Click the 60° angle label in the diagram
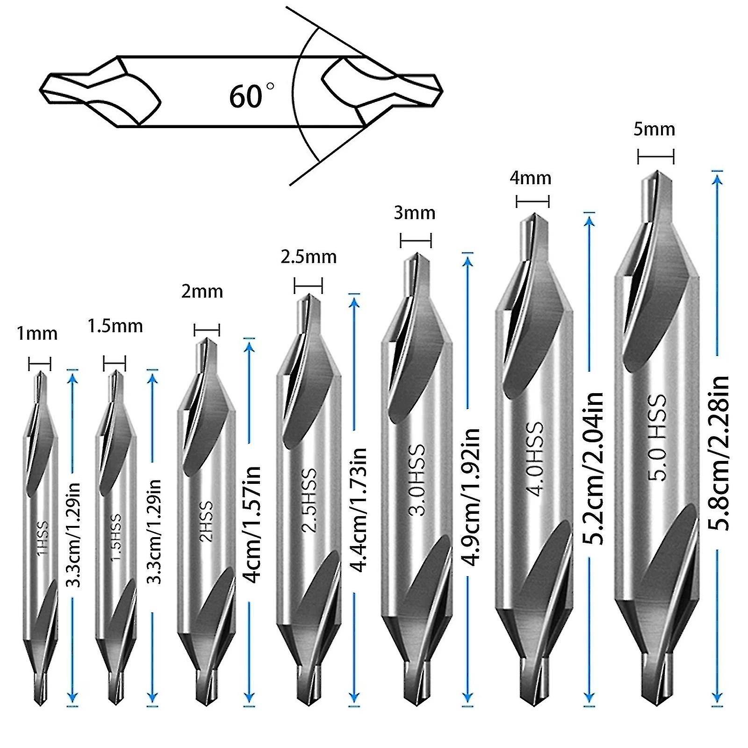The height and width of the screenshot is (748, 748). tap(252, 95)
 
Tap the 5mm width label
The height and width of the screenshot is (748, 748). tap(654, 129)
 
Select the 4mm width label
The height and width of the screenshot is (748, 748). tap(531, 178)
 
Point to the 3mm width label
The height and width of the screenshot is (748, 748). tap(414, 213)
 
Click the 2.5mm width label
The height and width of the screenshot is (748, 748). tap(309, 257)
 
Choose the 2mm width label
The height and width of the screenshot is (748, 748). tap(202, 292)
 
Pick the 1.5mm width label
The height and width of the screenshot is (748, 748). tap(115, 326)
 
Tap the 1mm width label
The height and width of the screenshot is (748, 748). tap(37, 334)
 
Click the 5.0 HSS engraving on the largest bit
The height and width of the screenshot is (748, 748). tap(658, 438)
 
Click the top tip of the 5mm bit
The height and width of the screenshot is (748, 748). tap(656, 172)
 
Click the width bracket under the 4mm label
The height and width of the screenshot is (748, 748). tap(532, 201)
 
